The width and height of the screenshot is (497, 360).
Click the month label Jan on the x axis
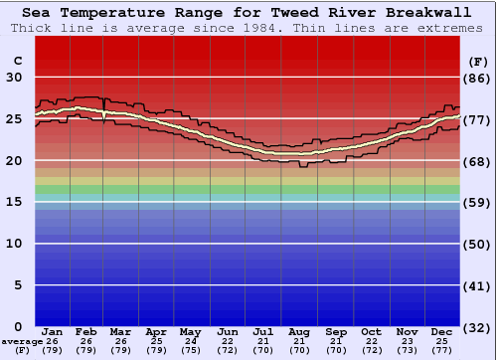point(53,331)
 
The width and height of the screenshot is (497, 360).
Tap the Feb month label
point(86,331)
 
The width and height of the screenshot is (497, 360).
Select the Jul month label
point(263,331)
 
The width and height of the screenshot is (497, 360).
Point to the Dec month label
point(442,331)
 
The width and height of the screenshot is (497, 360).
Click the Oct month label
point(371,331)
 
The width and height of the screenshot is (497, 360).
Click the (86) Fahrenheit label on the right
point(478,78)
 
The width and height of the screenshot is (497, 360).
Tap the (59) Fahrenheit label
point(478,202)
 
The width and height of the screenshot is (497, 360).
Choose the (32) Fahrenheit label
point(478,326)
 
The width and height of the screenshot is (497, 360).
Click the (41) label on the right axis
point(478,285)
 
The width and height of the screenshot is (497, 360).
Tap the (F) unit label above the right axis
point(478,61)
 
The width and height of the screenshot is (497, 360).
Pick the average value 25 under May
point(191,341)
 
